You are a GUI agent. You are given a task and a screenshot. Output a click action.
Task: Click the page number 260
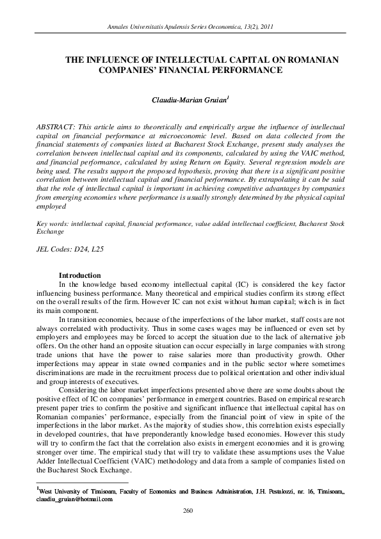pos(188,510)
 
